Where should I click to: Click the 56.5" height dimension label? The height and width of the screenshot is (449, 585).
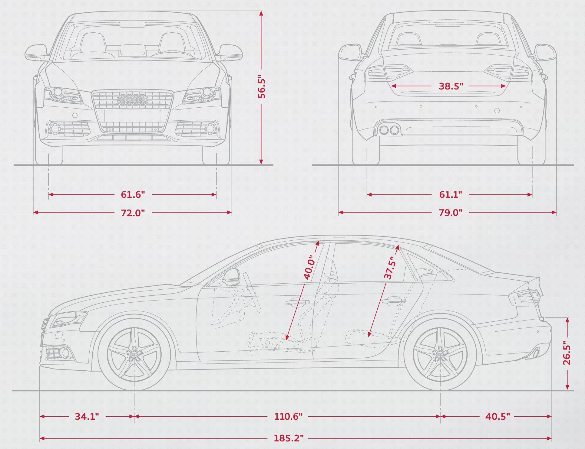point(262,88)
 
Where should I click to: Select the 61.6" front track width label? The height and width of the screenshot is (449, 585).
point(133,194)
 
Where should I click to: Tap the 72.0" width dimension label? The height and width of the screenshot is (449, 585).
point(133,213)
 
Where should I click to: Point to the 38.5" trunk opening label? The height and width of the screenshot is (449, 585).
point(451,86)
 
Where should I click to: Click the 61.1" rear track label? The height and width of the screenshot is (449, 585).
point(451,194)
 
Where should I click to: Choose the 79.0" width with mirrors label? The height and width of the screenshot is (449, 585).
point(451,213)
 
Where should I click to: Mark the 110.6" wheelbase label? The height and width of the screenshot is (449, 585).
point(288,416)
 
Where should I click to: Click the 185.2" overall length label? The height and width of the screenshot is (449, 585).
point(289,438)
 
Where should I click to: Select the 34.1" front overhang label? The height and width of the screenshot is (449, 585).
point(87,416)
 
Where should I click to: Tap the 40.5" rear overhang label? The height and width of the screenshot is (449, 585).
point(497,416)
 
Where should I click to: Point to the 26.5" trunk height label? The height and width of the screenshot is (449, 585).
point(567,353)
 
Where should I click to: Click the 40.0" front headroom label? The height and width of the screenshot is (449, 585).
point(309,267)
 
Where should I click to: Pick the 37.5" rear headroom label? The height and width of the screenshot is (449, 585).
point(390,268)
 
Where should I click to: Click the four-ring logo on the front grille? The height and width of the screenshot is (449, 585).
point(132,99)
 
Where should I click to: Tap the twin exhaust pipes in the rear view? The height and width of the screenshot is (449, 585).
point(389,130)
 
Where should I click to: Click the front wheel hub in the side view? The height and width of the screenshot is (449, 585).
point(134,354)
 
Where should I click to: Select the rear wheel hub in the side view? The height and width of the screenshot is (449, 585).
point(440,354)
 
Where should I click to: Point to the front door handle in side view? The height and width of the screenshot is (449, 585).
point(297,302)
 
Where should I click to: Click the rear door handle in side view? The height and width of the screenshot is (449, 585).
point(393,301)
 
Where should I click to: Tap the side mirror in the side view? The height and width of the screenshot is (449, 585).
point(230,277)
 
